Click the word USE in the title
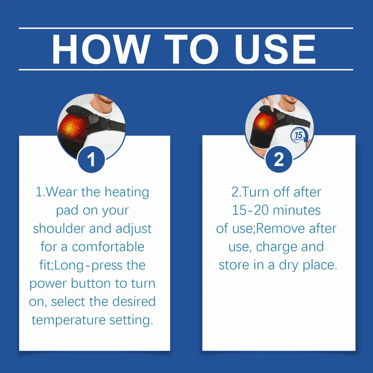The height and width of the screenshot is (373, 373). point(275,49)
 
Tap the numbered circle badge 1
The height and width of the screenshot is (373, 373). point(91,159)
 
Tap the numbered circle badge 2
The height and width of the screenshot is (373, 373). point(279,159)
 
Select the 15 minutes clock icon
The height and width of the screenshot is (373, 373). point(299,136)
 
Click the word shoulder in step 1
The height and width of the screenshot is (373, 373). point(59,228)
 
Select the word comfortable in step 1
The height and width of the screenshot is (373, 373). point(108,247)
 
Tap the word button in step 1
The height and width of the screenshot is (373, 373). point(90,283)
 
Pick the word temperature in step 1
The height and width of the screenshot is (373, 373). point(69,320)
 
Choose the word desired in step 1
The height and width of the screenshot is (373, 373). point(134,301)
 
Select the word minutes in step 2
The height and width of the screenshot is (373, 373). point(297,210)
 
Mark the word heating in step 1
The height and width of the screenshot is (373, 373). point(127,192)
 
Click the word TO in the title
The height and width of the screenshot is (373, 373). point(191,49)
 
